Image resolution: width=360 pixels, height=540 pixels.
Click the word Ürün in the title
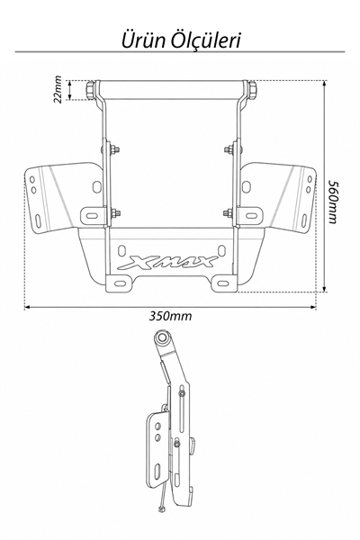click(x=144, y=40)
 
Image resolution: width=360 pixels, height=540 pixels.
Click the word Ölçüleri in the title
click(x=206, y=40)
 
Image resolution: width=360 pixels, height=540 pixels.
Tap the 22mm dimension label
click(x=58, y=89)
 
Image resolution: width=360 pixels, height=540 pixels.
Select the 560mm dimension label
click(x=332, y=202)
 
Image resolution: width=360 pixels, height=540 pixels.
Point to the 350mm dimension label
click(x=170, y=316)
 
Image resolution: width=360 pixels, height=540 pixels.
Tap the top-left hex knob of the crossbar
click(x=91, y=90)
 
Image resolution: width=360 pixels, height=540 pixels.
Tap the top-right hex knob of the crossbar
click(x=252, y=90)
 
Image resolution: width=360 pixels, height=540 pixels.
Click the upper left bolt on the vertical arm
click(x=114, y=149)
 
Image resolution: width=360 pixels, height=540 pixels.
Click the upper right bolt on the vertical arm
click(x=229, y=149)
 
